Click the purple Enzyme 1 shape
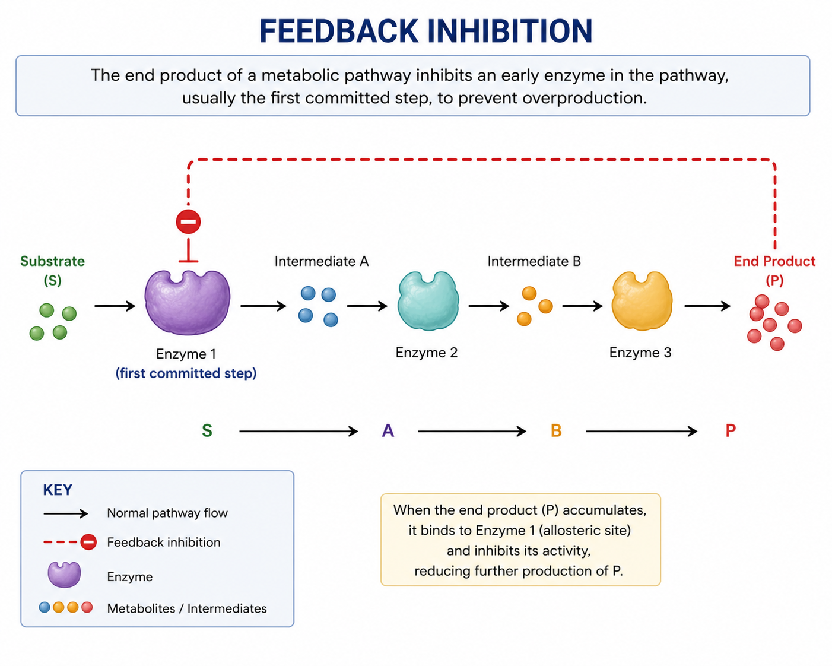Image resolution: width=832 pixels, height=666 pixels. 188,303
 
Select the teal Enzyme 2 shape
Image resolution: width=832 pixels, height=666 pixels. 428,301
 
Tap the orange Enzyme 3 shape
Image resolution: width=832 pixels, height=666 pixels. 642,301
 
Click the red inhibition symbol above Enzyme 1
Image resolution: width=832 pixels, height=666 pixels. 188,222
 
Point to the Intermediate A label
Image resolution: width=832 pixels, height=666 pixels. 321,261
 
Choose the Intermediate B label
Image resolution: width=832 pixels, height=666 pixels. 534,261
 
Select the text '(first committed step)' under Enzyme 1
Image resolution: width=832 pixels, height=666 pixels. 186,373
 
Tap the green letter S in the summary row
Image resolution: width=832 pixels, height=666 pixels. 207,431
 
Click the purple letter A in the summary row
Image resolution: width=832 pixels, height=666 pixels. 388,431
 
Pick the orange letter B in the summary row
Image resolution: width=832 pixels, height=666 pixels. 556,431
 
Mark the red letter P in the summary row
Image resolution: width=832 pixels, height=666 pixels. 731,431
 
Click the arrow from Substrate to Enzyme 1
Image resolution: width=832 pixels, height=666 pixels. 115,306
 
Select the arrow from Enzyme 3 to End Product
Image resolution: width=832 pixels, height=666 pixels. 707,306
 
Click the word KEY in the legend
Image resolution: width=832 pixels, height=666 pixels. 58,490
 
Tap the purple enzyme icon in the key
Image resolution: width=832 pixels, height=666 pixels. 64,575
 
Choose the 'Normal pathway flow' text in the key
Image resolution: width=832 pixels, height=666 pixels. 167,513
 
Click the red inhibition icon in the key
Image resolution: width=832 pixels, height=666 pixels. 88,542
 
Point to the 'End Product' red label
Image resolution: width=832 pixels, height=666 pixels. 774,261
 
